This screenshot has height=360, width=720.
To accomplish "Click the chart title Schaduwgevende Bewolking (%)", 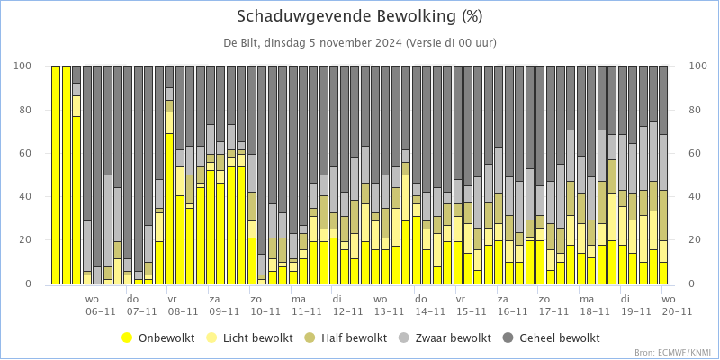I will click(359, 16).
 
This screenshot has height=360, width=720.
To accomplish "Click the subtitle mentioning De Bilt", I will click(359, 42).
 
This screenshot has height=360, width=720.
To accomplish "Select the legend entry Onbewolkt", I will click(164, 338).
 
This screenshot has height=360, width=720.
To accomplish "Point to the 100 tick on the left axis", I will click(23, 67).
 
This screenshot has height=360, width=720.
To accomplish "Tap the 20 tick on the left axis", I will click(26, 241).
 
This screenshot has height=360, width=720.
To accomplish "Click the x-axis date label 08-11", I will click(183, 311).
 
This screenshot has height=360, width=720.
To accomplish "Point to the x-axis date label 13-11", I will click(389, 311).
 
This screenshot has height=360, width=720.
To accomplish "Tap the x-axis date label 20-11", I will click(677, 311).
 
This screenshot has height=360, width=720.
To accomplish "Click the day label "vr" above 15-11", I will click(460, 298).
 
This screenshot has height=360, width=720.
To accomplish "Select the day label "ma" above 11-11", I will click(299, 298).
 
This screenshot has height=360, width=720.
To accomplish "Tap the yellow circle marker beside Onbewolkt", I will click(128, 338).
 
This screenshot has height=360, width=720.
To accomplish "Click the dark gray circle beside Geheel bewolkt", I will click(504, 338).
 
